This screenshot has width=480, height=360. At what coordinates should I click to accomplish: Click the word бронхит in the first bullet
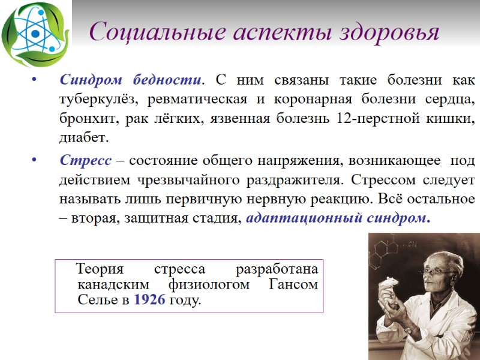(x=89, y=119)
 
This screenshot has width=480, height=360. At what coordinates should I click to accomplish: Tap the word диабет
(x=83, y=138)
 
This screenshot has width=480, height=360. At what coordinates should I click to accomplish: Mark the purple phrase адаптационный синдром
(x=338, y=218)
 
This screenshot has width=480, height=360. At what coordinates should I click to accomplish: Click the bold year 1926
(x=149, y=300)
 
